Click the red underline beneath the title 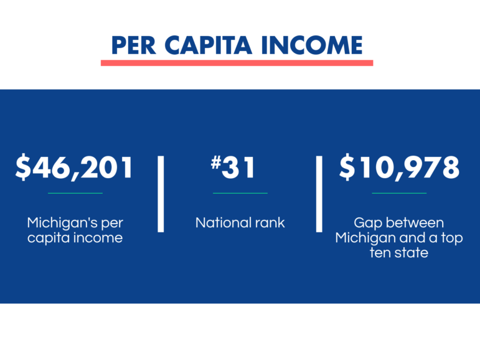[x=237, y=63]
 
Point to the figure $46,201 [x=75, y=168]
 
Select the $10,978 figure [x=399, y=168]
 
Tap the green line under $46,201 [x=75, y=193]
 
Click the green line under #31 [x=240, y=193]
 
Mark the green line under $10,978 [x=399, y=193]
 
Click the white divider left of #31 [x=161, y=194]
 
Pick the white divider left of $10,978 [x=319, y=194]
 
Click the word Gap [x=368, y=222]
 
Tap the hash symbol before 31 [x=216, y=163]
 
